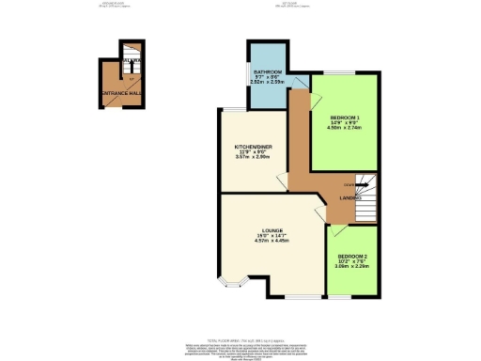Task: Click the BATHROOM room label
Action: (x=262, y=71)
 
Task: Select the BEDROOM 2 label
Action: (x=352, y=257)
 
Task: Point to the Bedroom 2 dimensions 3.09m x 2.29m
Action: (x=352, y=268)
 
